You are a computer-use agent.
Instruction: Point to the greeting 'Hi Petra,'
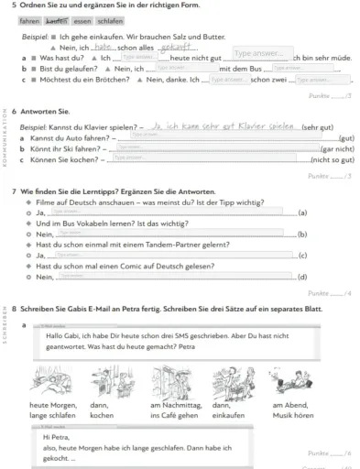coord(57,436)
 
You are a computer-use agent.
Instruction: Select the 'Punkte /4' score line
coord(329,292)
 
